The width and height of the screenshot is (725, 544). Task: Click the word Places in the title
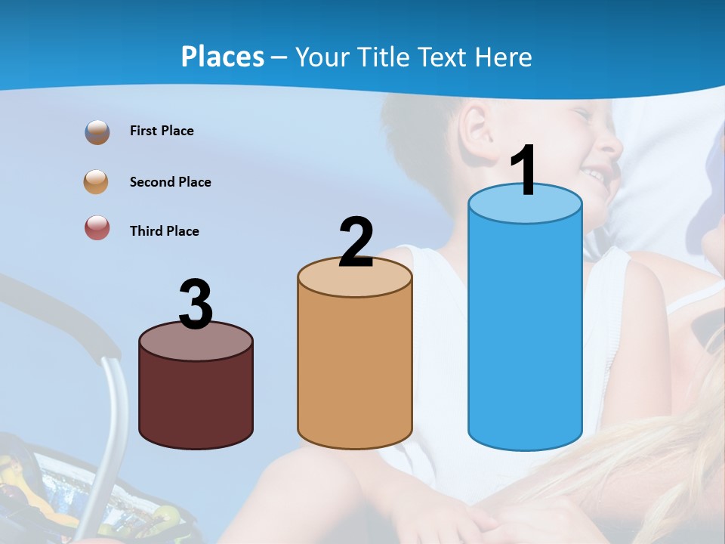click(x=223, y=57)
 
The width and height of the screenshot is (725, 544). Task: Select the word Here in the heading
click(x=499, y=57)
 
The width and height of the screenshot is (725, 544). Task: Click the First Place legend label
click(x=162, y=131)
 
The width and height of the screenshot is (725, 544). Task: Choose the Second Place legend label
click(x=170, y=182)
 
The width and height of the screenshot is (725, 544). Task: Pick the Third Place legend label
click(x=164, y=231)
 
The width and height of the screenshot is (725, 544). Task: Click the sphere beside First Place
click(x=97, y=132)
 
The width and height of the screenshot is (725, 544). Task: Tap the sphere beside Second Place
click(x=97, y=182)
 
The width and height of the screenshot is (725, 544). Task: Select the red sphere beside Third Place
click(x=97, y=228)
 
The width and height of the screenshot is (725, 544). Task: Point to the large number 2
click(x=356, y=243)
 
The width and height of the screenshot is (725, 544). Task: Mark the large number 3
click(x=196, y=304)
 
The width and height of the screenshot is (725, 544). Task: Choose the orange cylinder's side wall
click(x=355, y=370)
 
